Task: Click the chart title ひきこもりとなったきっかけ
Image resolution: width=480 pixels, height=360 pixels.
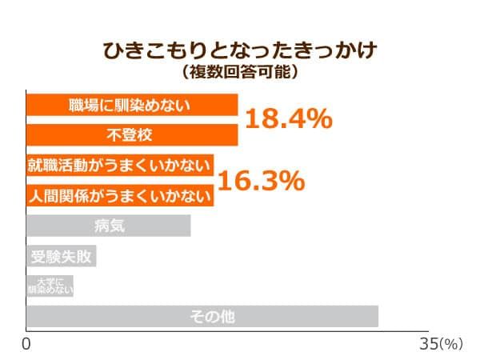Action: point(240,51)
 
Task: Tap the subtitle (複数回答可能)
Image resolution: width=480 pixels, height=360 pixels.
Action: point(240,72)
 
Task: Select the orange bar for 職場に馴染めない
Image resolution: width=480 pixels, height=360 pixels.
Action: point(132,106)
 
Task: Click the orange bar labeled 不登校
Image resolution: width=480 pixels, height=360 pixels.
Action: point(132,135)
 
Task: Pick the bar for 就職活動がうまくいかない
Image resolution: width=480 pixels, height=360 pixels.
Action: point(120,166)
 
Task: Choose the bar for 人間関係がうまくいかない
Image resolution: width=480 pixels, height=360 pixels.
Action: point(120,195)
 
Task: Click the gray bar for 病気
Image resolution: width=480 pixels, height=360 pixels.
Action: point(108,226)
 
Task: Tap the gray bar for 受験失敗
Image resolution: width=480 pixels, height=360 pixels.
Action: point(62,256)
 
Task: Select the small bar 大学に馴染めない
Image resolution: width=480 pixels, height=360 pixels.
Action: point(50,286)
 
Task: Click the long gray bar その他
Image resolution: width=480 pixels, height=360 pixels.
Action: point(202,316)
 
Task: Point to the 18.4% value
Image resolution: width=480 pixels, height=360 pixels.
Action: point(288,120)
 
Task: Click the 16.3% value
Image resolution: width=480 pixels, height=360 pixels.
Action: point(261,181)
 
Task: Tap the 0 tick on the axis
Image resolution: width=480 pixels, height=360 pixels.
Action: point(26,344)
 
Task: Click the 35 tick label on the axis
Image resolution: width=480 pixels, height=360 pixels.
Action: point(429,344)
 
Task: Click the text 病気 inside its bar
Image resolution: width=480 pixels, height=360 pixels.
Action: point(109,226)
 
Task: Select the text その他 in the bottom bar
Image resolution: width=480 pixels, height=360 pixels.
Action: point(212,316)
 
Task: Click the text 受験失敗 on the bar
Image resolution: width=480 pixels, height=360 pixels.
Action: point(62,256)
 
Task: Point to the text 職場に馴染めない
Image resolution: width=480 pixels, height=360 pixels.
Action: point(130,106)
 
